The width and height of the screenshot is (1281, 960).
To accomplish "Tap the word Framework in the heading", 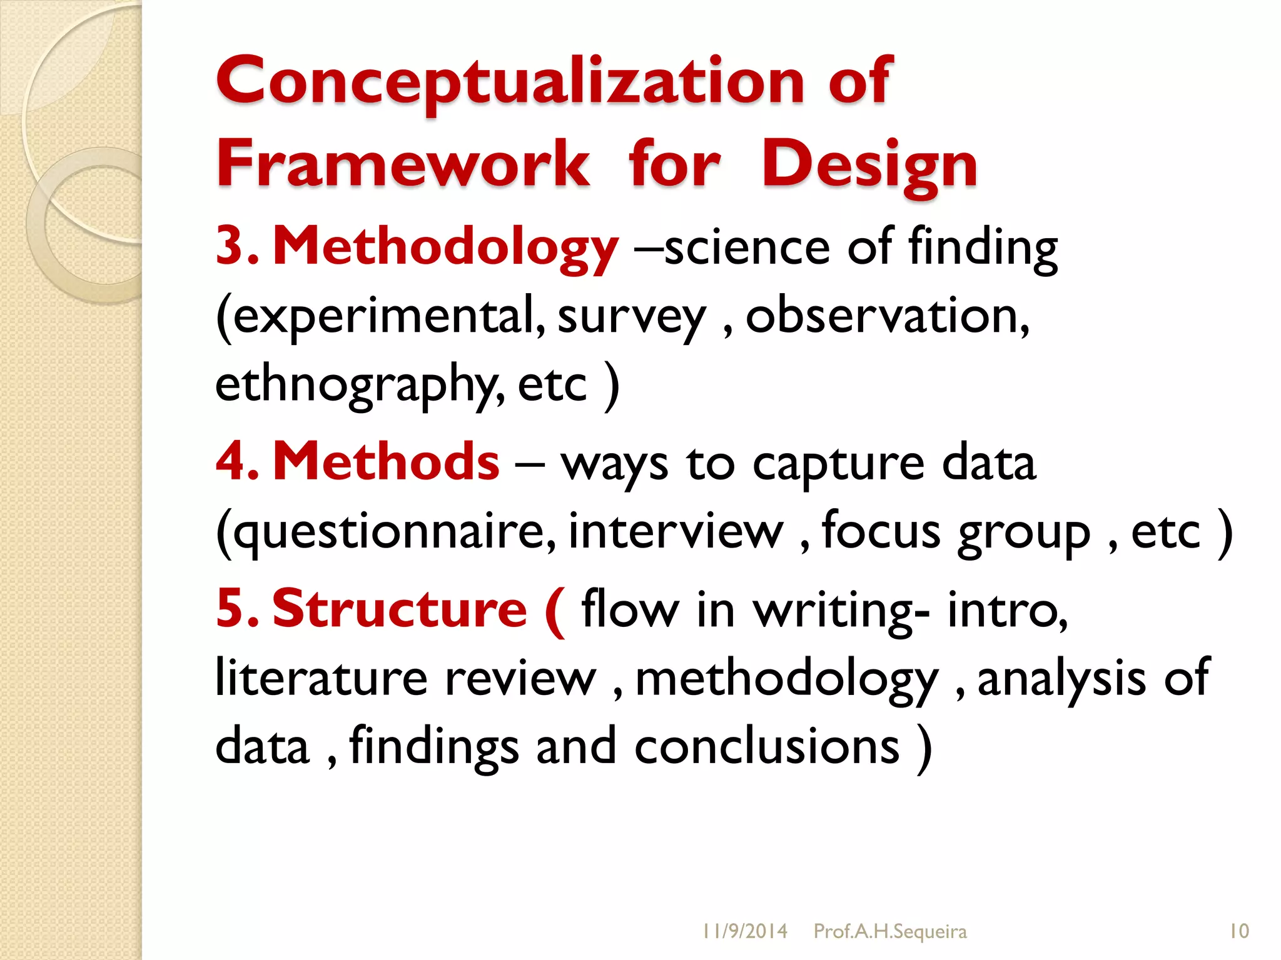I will coord(403,164).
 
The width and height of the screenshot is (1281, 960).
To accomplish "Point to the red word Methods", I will coord(386,462).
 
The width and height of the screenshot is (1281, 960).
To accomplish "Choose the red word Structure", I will coord(400,609).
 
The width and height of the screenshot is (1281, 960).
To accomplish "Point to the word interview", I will coord(676,531).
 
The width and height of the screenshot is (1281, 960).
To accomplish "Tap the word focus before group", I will coord(881,531).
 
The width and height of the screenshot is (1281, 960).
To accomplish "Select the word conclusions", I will coord(767,747).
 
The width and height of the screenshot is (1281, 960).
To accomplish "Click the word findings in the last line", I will coord(434,747).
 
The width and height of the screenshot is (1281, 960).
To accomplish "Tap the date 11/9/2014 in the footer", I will coord(744,932).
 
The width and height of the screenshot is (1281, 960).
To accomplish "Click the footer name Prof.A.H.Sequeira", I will coord(890,932).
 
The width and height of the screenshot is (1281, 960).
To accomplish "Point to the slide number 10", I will coord(1239,932).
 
